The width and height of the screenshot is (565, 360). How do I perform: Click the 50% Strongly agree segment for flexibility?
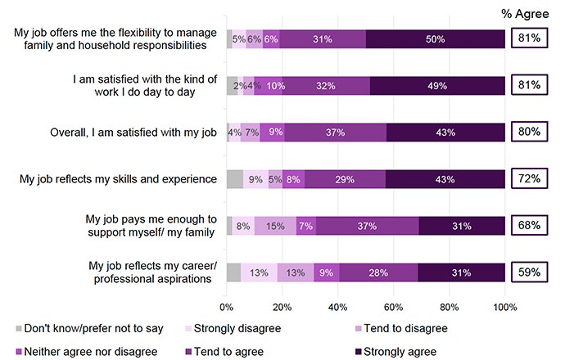[x=436, y=38]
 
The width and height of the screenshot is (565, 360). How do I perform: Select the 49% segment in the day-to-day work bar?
[x=437, y=85]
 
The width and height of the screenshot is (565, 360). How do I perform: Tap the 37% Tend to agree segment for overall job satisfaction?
[x=335, y=132]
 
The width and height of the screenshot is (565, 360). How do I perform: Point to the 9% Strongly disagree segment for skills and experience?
[x=255, y=178]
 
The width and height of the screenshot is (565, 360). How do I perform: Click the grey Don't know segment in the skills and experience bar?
[x=235, y=178]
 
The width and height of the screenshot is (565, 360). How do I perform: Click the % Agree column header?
[x=529, y=12]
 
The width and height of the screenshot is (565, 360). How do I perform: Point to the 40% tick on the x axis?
[x=338, y=308]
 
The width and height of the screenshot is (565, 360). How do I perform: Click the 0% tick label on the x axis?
[x=227, y=308]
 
